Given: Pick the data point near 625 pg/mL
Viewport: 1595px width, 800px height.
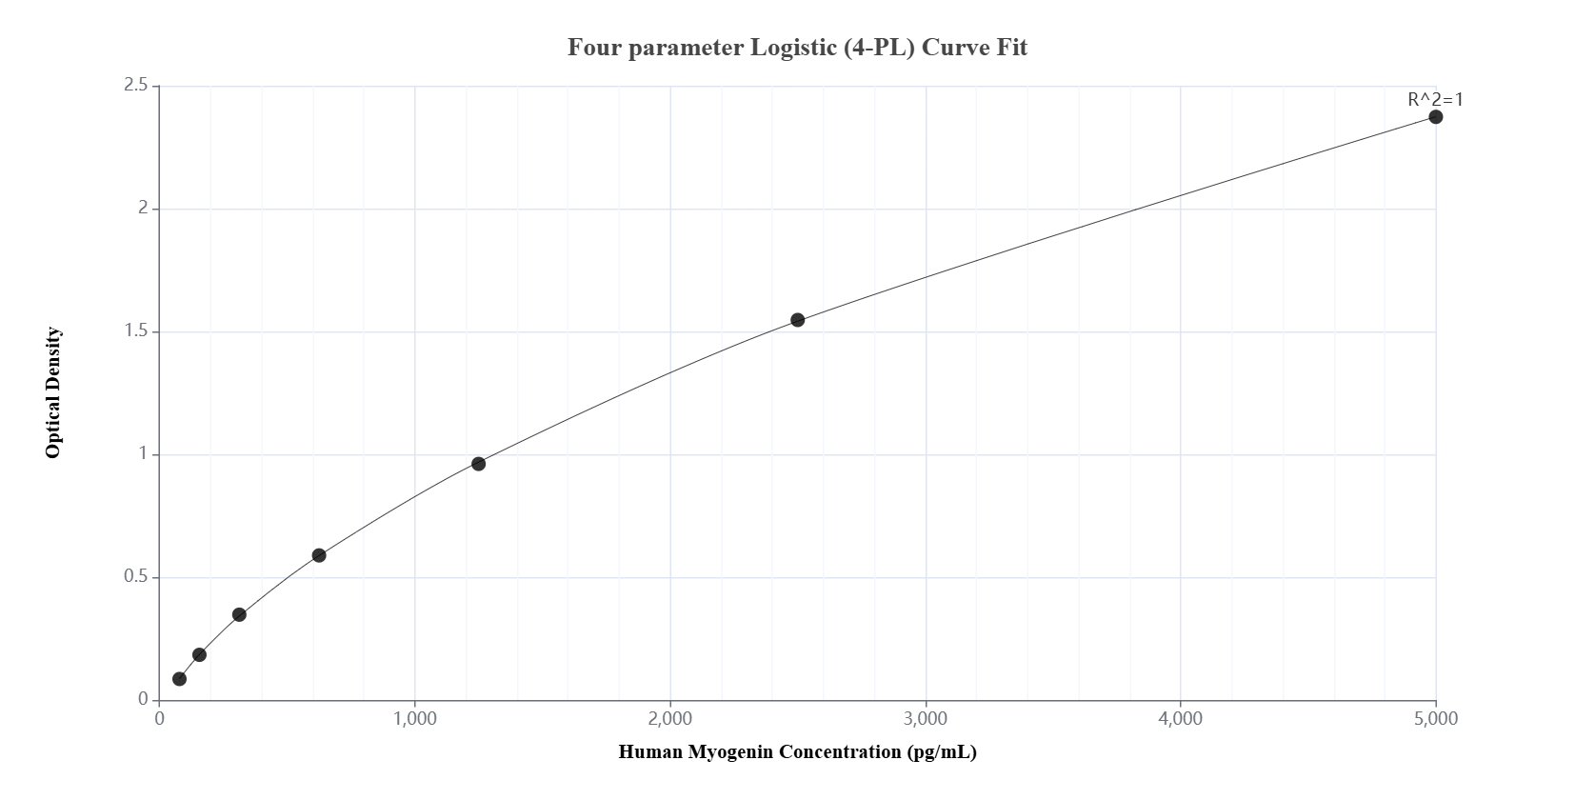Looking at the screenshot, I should tap(319, 555).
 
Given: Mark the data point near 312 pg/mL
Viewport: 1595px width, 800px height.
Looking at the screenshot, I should tap(239, 614).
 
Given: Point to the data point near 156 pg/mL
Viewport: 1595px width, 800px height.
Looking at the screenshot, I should tap(199, 654).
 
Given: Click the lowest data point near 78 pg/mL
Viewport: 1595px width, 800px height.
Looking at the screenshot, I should tap(179, 679).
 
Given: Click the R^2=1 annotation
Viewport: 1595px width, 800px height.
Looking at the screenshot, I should tap(1435, 99).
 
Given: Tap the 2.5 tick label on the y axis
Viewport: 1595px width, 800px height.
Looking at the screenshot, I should tap(135, 86).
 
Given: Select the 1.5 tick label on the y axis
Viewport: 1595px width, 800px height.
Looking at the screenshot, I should tap(135, 331).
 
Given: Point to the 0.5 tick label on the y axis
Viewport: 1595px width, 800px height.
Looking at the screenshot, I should tap(135, 577).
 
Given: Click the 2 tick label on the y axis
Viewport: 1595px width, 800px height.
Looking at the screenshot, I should tap(143, 209).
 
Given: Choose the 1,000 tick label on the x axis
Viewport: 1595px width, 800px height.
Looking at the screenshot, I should tap(414, 719).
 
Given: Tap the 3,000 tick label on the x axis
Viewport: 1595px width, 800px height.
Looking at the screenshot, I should tap(926, 719).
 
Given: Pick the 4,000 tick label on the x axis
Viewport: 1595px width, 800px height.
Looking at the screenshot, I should tap(1181, 719).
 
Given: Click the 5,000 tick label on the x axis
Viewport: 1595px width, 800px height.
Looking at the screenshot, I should tap(1436, 719).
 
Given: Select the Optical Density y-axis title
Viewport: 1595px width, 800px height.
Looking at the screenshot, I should tap(53, 392).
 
